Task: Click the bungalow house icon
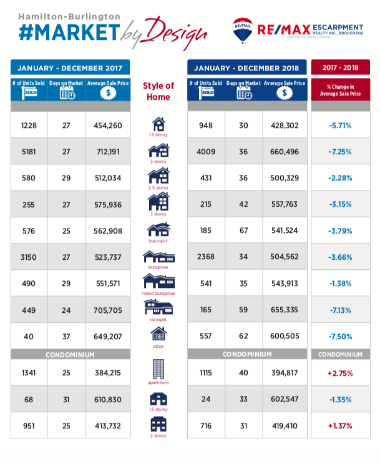point(158,257)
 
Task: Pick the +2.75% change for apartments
point(340,373)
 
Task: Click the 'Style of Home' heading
point(158,91)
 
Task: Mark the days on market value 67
point(244,231)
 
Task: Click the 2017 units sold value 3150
point(29,257)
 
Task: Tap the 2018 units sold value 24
point(206,399)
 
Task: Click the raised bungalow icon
point(158,281)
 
